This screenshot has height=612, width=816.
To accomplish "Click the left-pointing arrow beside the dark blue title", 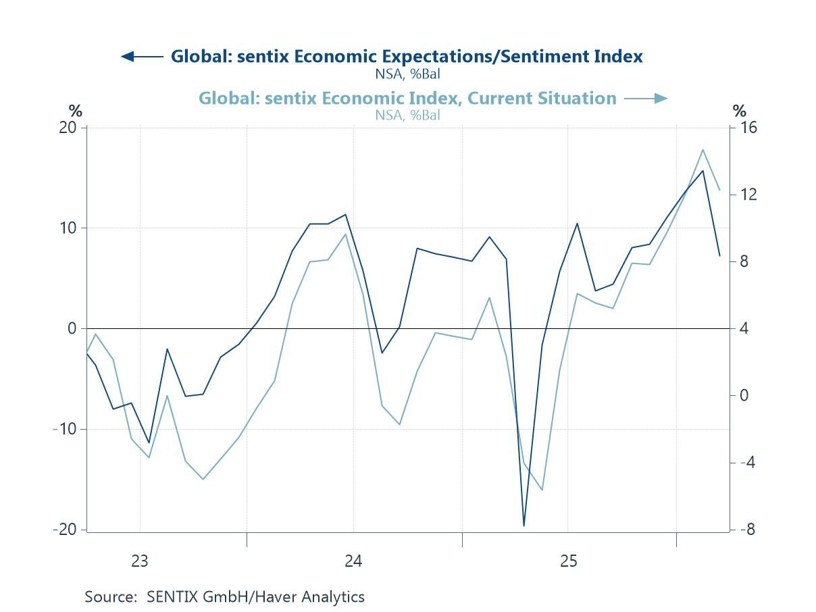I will tap(141, 56).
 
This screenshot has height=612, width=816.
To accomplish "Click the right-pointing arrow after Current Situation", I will tap(646, 99).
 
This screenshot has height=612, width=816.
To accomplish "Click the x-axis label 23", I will tap(139, 561).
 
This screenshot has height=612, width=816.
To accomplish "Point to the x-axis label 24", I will tap(353, 561).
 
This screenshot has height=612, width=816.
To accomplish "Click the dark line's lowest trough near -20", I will tap(524, 526).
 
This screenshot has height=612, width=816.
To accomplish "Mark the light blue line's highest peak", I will tap(703, 150).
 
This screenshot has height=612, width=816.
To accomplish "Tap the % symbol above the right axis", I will tap(739, 111).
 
